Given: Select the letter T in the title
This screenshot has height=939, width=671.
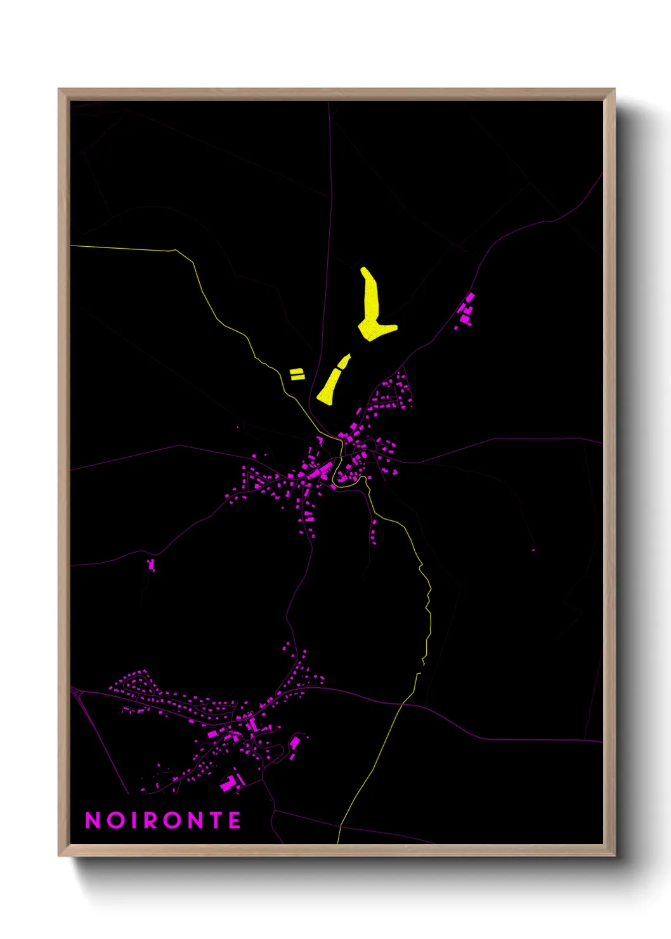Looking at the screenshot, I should [214, 820].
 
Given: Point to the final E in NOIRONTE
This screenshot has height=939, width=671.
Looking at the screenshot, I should [235, 820].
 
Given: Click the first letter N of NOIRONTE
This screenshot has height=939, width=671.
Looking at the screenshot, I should [93, 820].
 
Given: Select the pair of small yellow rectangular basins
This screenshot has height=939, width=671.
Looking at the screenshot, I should [297, 374].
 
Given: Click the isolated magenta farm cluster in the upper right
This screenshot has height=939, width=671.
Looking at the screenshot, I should [466, 311].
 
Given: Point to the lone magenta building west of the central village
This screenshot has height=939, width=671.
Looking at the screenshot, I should [152, 564].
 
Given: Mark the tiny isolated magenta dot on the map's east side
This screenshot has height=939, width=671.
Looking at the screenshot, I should [533, 550].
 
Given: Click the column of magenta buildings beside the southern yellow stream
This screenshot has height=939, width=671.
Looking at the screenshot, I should [374, 532].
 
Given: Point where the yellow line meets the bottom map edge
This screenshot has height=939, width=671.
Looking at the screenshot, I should [338, 843].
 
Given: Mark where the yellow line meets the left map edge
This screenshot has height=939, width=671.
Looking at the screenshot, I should [71, 246].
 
